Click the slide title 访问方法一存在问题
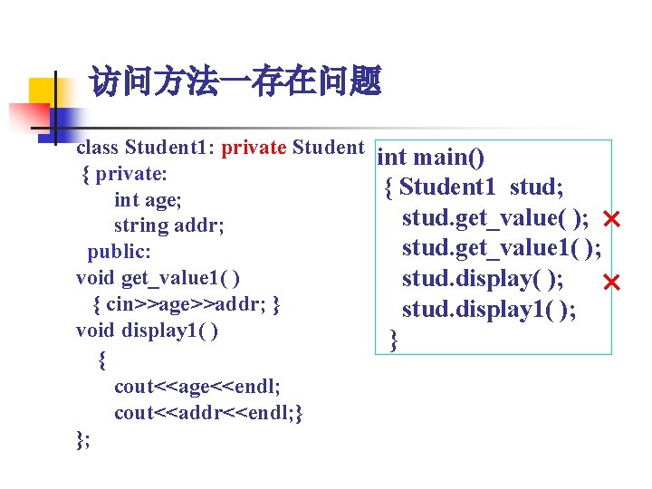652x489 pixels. click(235, 84)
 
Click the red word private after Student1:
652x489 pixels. click(254, 148)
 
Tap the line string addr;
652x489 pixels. click(168, 225)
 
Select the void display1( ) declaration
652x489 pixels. click(147, 331)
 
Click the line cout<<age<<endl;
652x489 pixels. click(197, 387)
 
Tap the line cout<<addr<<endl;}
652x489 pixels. click(208, 413)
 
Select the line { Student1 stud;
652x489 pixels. click(475, 187)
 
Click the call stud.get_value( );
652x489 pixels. click(497, 218)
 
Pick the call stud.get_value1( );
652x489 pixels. click(502, 248)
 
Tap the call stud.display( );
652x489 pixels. click(485, 280)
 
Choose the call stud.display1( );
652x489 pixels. click(490, 311)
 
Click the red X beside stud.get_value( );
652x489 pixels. click(610, 219)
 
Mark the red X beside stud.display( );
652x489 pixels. click(610, 284)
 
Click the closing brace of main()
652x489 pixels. click(393, 340)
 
